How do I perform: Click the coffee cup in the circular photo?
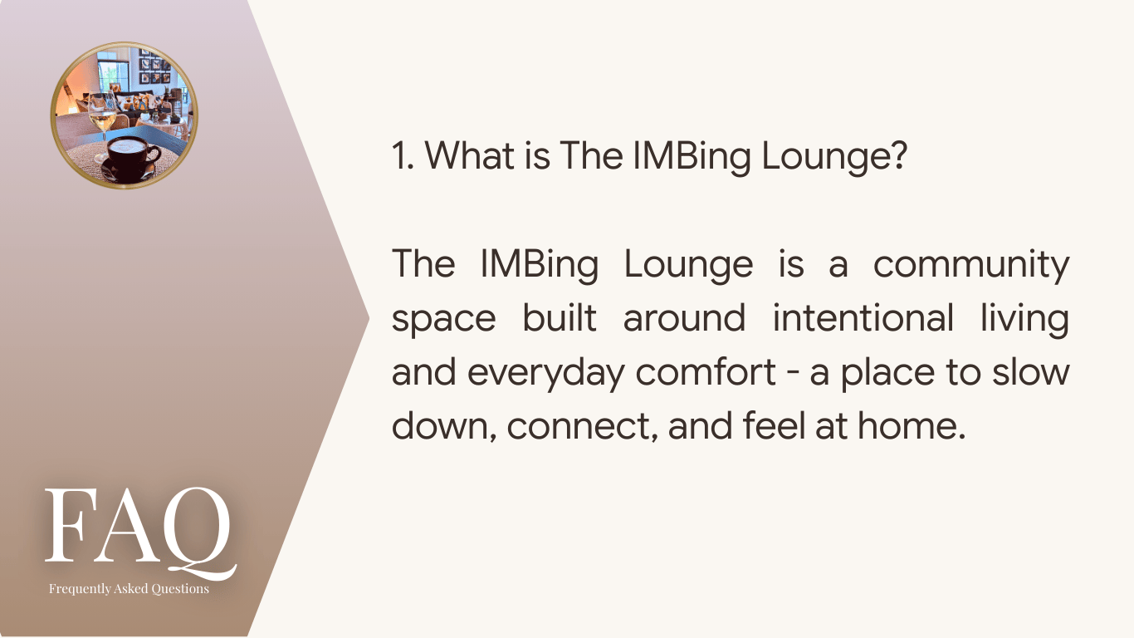coord(130,157)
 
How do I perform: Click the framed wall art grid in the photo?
coord(155,67)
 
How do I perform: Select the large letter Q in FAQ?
coord(198,533)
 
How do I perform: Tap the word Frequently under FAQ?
coord(80,589)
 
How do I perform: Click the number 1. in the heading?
coord(403,155)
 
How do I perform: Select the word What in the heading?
coord(470,155)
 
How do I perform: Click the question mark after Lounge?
coord(897,155)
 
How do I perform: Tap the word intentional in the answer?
coord(863,318)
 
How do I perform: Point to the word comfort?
coord(706,371)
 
